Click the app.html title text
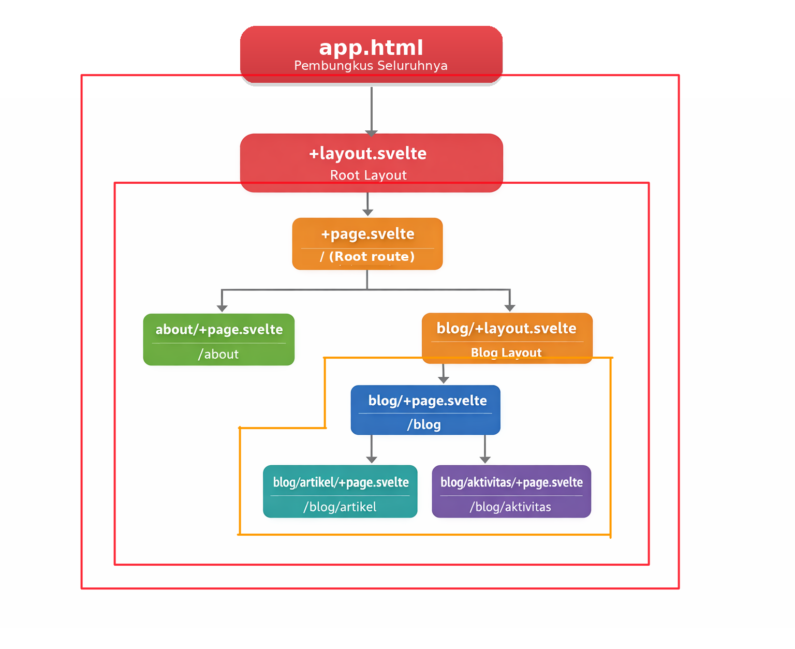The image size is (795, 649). [x=371, y=48]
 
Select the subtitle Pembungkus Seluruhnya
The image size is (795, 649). [x=371, y=66]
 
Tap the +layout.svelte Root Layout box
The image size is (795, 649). [x=371, y=163]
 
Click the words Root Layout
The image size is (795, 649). [x=369, y=175]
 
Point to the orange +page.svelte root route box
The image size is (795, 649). [x=367, y=244]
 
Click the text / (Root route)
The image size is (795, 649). [x=367, y=256]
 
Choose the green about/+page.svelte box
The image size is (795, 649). [x=219, y=340]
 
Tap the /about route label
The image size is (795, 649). [x=218, y=355]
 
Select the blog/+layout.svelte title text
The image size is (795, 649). [x=506, y=329]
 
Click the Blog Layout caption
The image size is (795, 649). [x=506, y=352]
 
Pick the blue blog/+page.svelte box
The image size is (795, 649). [x=425, y=410]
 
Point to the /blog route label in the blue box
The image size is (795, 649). [x=424, y=424]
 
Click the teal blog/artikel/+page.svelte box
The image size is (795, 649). [x=340, y=491]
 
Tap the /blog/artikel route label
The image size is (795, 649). [x=340, y=507]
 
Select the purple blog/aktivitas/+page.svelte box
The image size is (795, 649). [x=511, y=491]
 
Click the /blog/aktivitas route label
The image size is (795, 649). [x=510, y=507]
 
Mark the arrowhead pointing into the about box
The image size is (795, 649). [x=222, y=308]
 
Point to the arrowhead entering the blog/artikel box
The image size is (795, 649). [x=372, y=460]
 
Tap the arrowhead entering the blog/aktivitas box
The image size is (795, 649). [x=485, y=460]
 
